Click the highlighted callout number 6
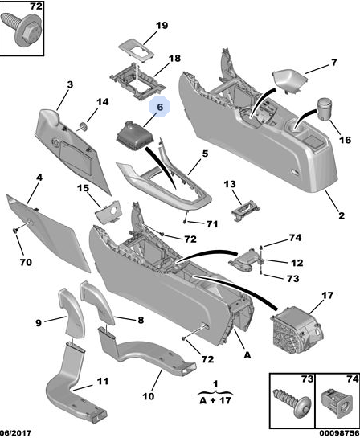click(159, 107)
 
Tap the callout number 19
click(162, 26)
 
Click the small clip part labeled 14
click(83, 127)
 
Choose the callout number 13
click(230, 184)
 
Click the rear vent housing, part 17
click(297, 327)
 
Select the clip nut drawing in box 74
click(336, 404)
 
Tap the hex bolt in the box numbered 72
click(22, 28)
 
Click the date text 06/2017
click(15, 433)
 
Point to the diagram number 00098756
click(340, 433)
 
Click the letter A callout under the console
click(247, 355)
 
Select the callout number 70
click(26, 262)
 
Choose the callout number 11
click(103, 381)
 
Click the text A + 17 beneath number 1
click(215, 400)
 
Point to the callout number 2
click(342, 215)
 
